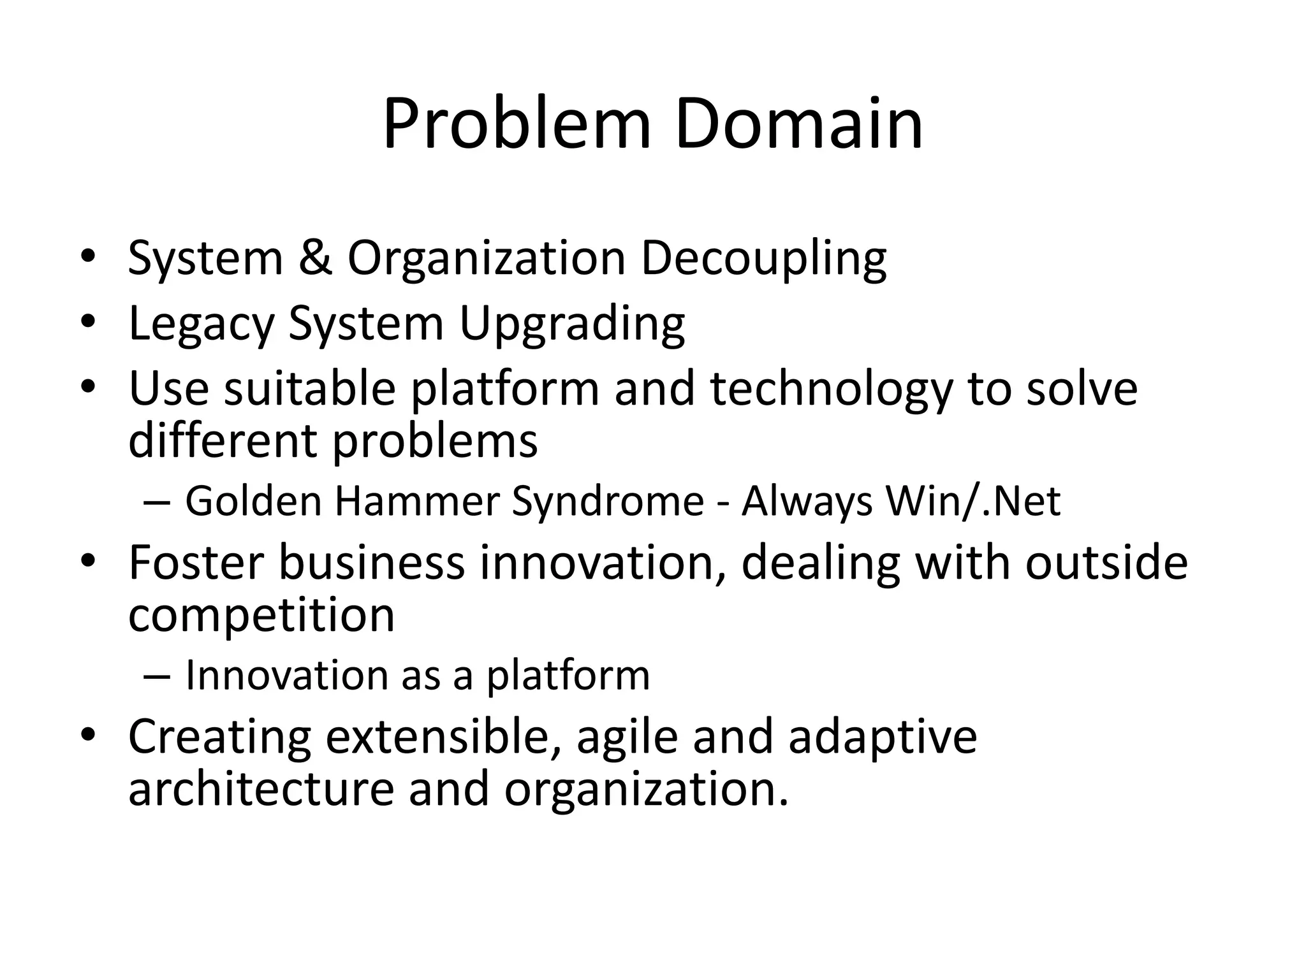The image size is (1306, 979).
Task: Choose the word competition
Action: pos(261,616)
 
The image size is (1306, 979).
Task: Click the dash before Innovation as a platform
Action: pos(157,676)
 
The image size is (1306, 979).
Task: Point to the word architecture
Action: pos(261,789)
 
